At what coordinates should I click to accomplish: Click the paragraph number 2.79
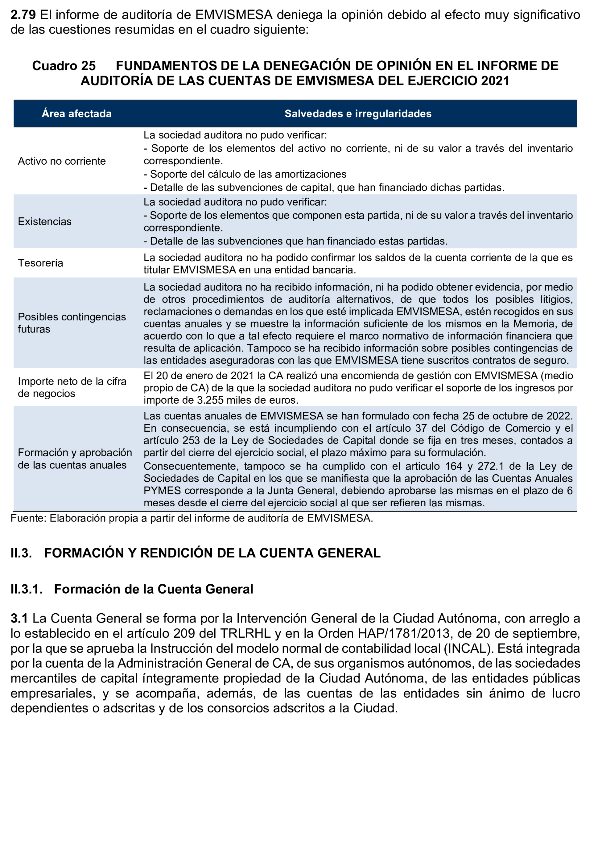point(23,15)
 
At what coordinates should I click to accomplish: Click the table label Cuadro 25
point(64,66)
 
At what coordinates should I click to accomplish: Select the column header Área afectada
point(76,113)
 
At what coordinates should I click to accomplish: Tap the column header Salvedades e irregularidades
point(358,113)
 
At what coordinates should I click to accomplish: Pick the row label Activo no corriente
point(62,161)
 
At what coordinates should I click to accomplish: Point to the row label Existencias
point(45,222)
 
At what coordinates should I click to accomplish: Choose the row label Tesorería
point(41,263)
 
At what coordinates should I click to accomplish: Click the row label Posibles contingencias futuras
point(72,323)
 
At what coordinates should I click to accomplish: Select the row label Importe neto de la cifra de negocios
point(72,387)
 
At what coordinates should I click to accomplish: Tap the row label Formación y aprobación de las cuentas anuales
point(75,459)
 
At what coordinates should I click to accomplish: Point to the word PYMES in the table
point(162,490)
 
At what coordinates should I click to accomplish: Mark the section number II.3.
point(21,553)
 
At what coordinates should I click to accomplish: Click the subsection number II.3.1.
point(27,589)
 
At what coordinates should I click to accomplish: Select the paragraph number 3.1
point(19,618)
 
